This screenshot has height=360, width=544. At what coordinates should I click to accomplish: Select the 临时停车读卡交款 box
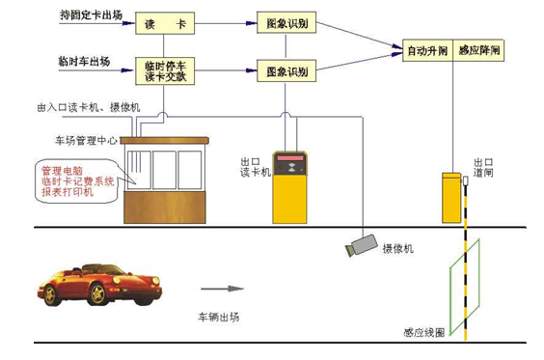coord(163,70)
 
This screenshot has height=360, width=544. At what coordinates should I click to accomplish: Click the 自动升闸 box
coord(427,48)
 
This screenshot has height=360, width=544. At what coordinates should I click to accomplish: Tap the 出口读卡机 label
coord(254,164)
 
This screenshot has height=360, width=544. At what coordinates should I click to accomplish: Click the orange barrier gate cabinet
coord(451,198)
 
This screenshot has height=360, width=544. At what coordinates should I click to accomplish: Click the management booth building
coord(165,180)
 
